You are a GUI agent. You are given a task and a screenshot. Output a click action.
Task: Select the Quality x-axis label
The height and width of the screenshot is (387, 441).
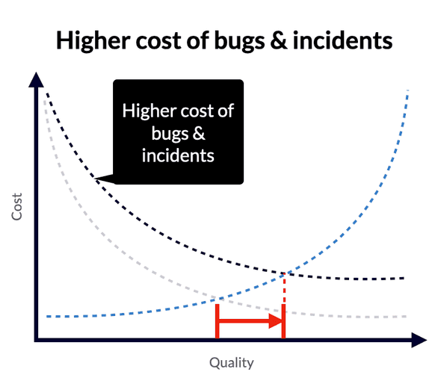click(231, 363)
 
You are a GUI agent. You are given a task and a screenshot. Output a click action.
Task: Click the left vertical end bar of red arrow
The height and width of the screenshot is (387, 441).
click(217, 323)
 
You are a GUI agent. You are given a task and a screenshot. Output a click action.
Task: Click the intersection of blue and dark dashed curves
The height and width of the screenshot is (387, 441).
click(284, 273)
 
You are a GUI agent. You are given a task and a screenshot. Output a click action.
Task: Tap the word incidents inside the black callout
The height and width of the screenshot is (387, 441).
click(179, 155)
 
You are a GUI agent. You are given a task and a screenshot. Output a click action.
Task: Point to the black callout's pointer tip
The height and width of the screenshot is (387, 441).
click(98, 178)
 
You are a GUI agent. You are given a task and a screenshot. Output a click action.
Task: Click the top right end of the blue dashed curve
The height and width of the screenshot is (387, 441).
click(408, 90)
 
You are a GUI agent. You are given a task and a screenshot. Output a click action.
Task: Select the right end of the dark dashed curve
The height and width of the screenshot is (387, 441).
click(404, 278)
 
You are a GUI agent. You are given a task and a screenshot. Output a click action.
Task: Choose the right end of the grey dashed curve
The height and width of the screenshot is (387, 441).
click(404, 316)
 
